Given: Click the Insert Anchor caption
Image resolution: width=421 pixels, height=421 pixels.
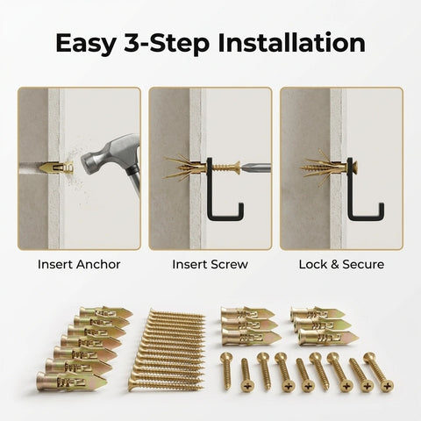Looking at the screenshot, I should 79,262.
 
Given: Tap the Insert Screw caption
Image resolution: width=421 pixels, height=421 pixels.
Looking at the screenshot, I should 210,262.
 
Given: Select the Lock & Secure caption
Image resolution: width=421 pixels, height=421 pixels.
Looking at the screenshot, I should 341,262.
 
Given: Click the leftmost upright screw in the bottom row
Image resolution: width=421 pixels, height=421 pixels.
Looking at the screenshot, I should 226,372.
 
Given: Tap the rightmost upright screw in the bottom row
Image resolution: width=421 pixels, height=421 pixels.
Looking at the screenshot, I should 384,372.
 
